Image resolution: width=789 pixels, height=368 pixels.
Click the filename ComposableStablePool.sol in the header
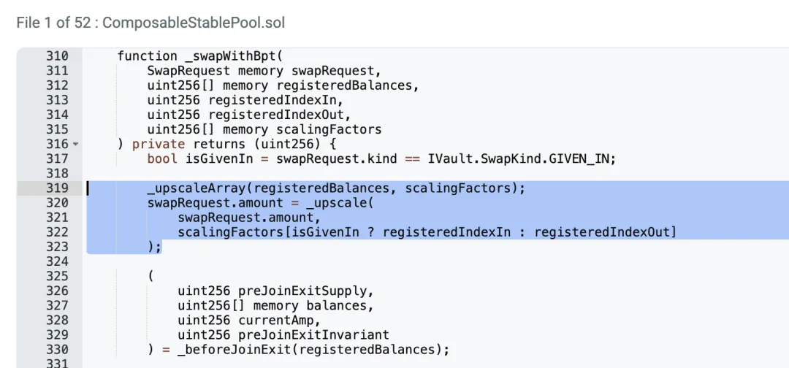(x=194, y=23)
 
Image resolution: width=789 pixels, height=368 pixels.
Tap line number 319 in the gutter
(x=56, y=188)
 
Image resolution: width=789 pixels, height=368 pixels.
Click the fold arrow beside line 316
(x=75, y=145)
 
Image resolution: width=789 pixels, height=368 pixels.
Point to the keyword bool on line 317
(x=161, y=158)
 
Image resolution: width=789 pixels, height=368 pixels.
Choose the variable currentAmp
(x=279, y=320)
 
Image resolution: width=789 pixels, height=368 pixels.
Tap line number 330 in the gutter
(x=56, y=349)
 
